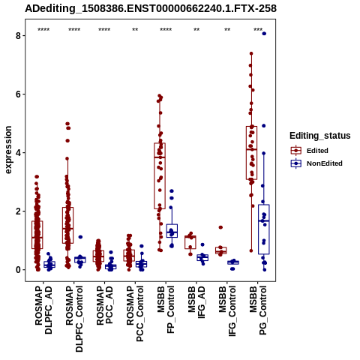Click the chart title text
click(151, 9)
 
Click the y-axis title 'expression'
click(8, 150)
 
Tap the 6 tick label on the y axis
click(18, 94)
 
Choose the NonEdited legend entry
click(316, 163)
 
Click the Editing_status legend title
click(320, 136)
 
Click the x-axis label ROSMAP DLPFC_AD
click(43, 310)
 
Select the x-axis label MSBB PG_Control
click(258, 310)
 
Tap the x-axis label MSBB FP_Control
click(166, 310)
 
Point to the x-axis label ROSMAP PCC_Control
click(135, 313)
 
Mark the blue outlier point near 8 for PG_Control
click(264, 34)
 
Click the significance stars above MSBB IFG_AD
click(196, 30)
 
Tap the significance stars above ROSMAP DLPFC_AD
click(43, 30)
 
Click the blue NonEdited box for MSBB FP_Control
click(172, 231)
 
